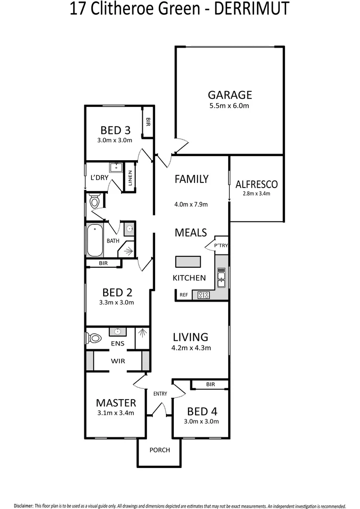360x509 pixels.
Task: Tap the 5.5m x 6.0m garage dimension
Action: tap(229, 106)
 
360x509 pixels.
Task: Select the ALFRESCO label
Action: tap(257, 184)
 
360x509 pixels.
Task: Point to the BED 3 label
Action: tap(115, 131)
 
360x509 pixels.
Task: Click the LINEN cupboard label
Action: tap(130, 178)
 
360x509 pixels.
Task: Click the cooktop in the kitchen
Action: tap(204, 296)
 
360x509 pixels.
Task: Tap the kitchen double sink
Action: tap(221, 277)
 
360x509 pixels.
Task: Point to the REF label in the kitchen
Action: tap(184, 295)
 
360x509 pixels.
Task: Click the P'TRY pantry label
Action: tap(221, 245)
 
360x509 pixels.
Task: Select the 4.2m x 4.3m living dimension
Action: tap(191, 348)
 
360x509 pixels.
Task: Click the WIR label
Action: tap(117, 361)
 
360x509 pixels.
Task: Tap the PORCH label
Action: tap(160, 450)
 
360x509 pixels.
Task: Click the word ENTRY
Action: tap(160, 394)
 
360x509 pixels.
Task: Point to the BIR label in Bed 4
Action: tap(210, 385)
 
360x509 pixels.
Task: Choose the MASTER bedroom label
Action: tap(116, 403)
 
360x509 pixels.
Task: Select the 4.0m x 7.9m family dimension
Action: tap(191, 205)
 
